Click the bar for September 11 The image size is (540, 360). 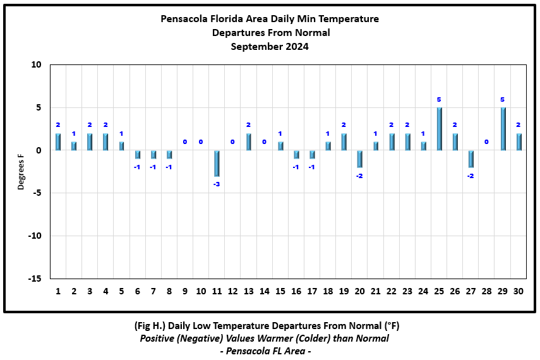217,164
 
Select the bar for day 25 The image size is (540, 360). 440,129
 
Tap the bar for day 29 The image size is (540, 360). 503,129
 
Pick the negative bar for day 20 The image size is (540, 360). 360,159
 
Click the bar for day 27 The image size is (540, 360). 471,159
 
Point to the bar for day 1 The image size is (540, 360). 58,142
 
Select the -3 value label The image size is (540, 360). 217,184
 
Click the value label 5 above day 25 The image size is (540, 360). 440,99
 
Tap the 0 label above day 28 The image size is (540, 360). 487,142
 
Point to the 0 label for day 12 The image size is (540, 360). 232,142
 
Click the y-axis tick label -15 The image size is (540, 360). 34,279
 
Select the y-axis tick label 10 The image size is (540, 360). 36,65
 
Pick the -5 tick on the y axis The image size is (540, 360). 37,193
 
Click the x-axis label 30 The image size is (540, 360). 519,291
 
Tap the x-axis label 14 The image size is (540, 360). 264,291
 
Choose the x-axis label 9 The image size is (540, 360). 184,291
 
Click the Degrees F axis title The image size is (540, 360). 21,171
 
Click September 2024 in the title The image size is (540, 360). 270,46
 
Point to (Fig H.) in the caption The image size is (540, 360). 152,326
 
